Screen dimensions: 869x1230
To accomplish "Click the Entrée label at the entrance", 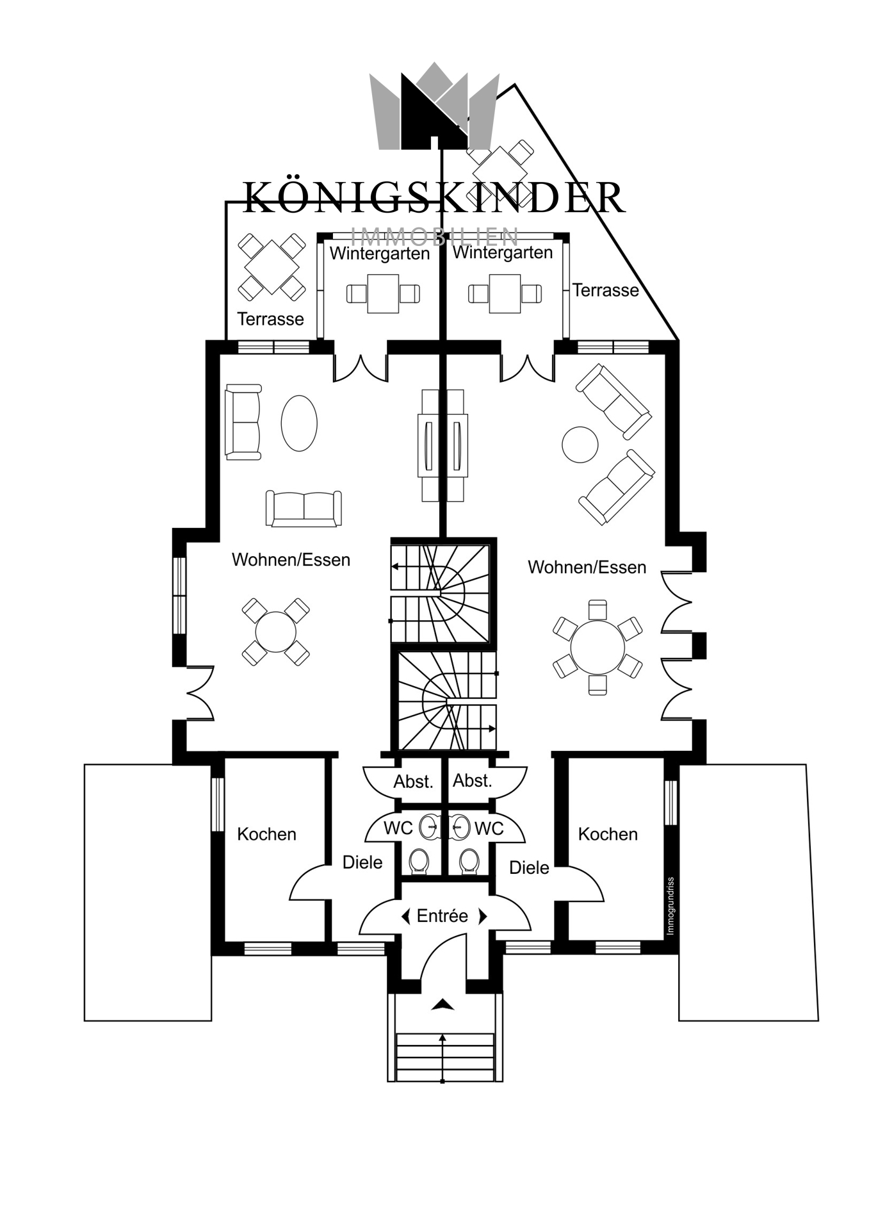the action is (442, 916).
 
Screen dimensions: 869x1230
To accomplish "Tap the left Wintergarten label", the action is (380, 254).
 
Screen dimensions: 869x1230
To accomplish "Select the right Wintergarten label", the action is (503, 253).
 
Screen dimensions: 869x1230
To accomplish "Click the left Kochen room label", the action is (266, 834).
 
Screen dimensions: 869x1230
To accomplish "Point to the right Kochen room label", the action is (608, 834).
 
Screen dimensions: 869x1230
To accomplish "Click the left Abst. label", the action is (413, 782).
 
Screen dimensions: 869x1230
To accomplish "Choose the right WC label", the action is (489, 828).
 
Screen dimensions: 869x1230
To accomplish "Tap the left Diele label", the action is (362, 862).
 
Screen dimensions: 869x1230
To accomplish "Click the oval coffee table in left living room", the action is (299, 423).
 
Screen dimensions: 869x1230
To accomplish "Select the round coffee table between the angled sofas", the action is (580, 445).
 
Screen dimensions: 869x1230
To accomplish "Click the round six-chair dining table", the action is (597, 647).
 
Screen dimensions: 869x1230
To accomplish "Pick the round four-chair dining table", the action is (275, 632).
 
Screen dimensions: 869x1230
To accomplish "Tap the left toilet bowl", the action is (419, 861).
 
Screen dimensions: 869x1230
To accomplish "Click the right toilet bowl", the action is (469, 861).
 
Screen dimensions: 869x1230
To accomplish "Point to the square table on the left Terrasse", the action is (272, 266).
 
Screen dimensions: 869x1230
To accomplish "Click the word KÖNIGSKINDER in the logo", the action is (434, 197).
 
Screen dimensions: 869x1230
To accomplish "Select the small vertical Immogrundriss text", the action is (670, 906).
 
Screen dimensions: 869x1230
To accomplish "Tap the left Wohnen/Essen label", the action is (291, 560).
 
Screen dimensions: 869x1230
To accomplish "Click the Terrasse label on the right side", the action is (605, 290).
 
